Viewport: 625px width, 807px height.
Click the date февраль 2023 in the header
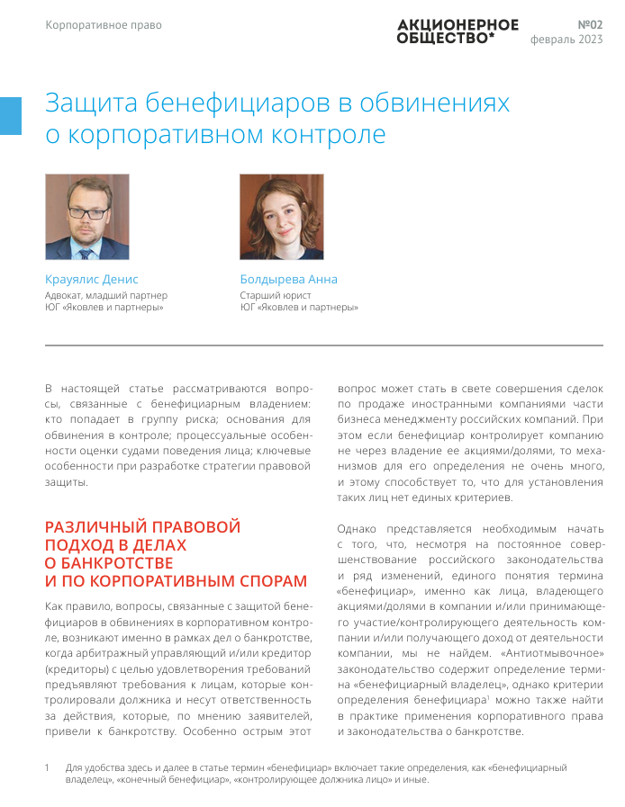tap(566, 40)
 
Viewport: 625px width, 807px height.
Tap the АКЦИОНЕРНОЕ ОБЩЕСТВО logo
tap(457, 31)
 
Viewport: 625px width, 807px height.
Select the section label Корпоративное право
tap(104, 25)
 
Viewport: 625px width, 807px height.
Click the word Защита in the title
tap(92, 103)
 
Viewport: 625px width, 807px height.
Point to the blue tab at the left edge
tap(10, 116)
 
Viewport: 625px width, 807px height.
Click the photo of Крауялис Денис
tap(87, 217)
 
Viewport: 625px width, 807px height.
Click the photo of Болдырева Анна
tap(281, 217)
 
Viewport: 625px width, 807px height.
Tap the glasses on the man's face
tap(86, 213)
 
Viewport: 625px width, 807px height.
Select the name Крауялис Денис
tap(92, 279)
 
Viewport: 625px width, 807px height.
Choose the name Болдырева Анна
tap(288, 279)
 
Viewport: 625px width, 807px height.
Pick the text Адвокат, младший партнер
tap(106, 295)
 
